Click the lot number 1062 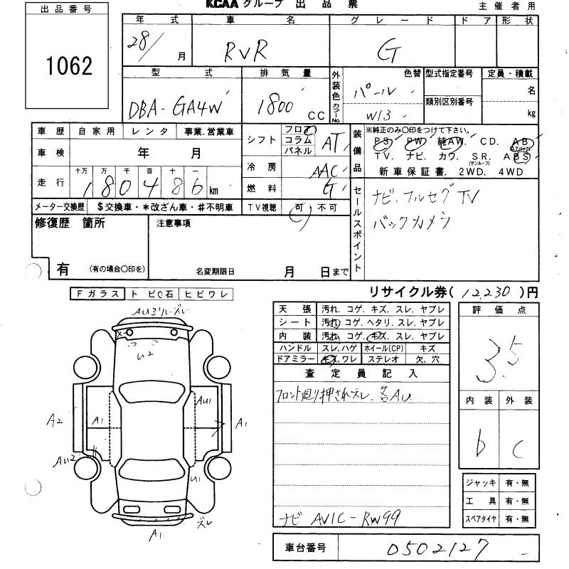coord(69,66)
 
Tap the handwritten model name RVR coord(243,50)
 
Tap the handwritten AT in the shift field coord(331,142)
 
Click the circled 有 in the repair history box coord(63,269)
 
